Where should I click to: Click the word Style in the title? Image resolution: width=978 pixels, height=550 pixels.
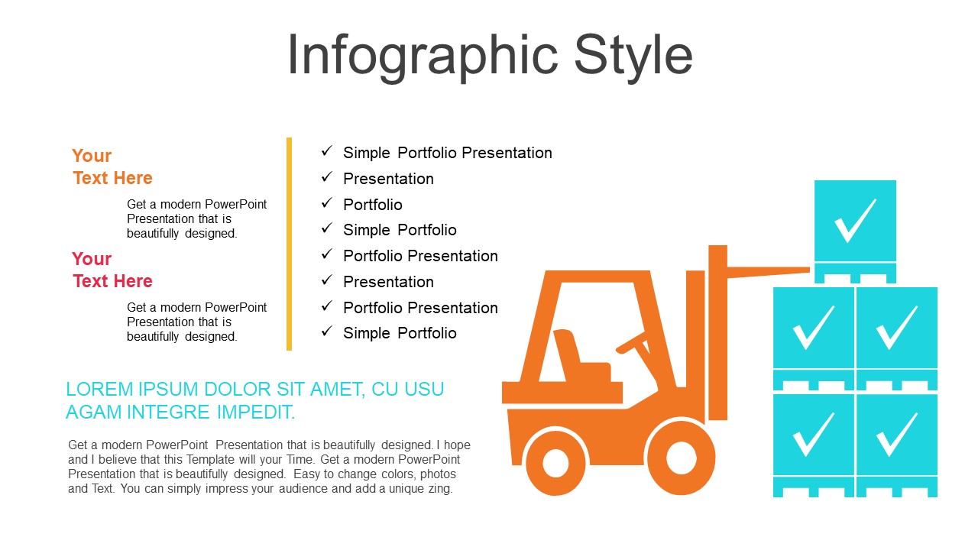[x=633, y=57]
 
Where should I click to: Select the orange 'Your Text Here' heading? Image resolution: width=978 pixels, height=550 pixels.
[x=112, y=167]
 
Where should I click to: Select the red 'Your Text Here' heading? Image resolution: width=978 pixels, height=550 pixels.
[x=112, y=270]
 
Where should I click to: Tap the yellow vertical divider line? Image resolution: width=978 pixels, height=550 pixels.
[x=289, y=244]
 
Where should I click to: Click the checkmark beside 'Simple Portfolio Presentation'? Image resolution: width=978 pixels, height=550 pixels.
[x=327, y=151]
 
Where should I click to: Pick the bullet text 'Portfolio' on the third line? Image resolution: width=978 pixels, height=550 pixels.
[x=372, y=204]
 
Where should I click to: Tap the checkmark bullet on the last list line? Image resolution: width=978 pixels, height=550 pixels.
[x=327, y=332]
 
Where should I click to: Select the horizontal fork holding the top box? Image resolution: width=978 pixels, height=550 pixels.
[x=769, y=272]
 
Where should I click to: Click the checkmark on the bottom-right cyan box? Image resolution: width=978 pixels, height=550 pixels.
[x=896, y=435]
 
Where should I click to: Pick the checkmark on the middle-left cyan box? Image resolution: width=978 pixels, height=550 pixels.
[x=812, y=328]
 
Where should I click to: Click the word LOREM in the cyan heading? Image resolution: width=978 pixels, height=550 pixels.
[x=99, y=389]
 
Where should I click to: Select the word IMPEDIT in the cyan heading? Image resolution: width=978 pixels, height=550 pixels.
[x=256, y=412]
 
